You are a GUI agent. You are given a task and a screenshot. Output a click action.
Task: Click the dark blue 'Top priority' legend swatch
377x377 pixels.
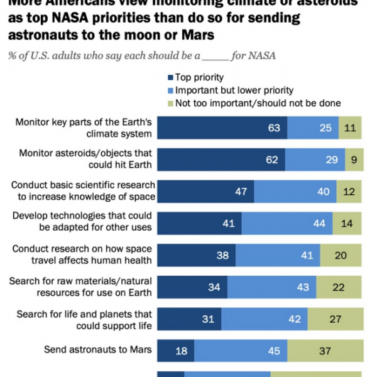coord(170,77)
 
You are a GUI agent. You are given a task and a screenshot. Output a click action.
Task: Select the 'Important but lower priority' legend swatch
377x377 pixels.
coord(170,90)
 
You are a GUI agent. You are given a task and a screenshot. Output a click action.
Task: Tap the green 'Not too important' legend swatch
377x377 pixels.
coord(170,103)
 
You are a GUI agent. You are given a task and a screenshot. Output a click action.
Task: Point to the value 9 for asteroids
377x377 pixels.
coord(354,160)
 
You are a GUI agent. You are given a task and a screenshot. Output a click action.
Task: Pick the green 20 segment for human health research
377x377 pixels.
coord(340,255)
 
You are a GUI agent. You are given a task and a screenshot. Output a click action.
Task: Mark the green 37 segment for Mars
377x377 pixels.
coord(325,351)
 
